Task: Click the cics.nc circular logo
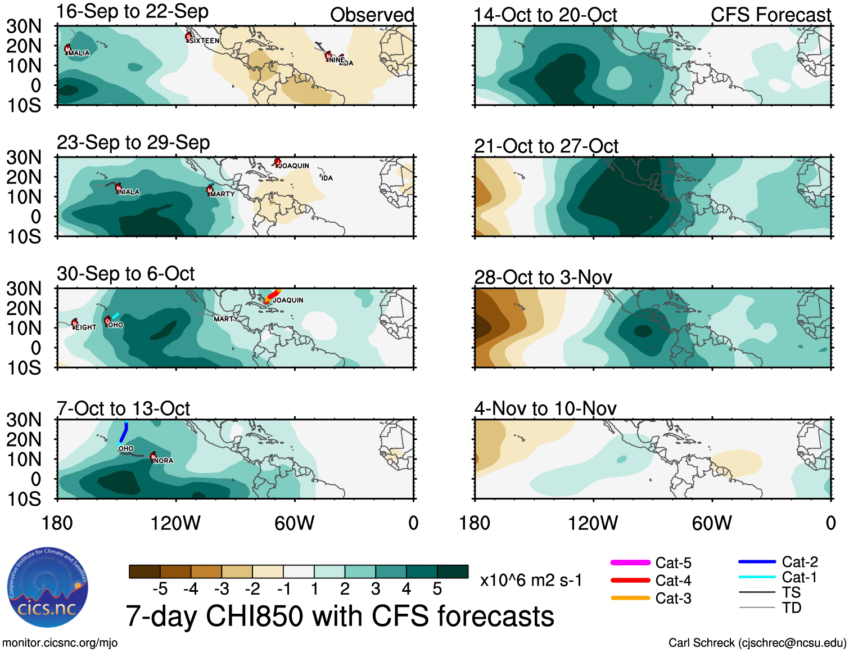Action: [47, 588]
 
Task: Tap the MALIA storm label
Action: [79, 53]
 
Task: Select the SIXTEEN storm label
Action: [205, 41]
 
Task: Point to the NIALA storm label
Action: [129, 192]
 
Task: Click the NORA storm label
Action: [164, 460]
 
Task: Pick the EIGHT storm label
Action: [86, 327]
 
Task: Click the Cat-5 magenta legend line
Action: [630, 563]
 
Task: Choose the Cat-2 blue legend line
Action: [757, 561]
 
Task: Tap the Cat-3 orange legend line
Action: [630, 598]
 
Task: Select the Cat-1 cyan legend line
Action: [757, 577]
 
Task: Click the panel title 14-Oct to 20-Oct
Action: [545, 15]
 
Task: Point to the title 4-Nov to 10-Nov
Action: [545, 408]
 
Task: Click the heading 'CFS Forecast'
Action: [770, 15]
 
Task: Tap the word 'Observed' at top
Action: [372, 15]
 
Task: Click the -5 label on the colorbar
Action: [160, 589]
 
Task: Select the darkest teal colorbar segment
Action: [453, 572]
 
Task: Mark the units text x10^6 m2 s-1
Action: [531, 580]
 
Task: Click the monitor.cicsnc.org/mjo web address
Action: [60, 642]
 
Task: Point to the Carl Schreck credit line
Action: [757, 642]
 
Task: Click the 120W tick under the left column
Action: [175, 523]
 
